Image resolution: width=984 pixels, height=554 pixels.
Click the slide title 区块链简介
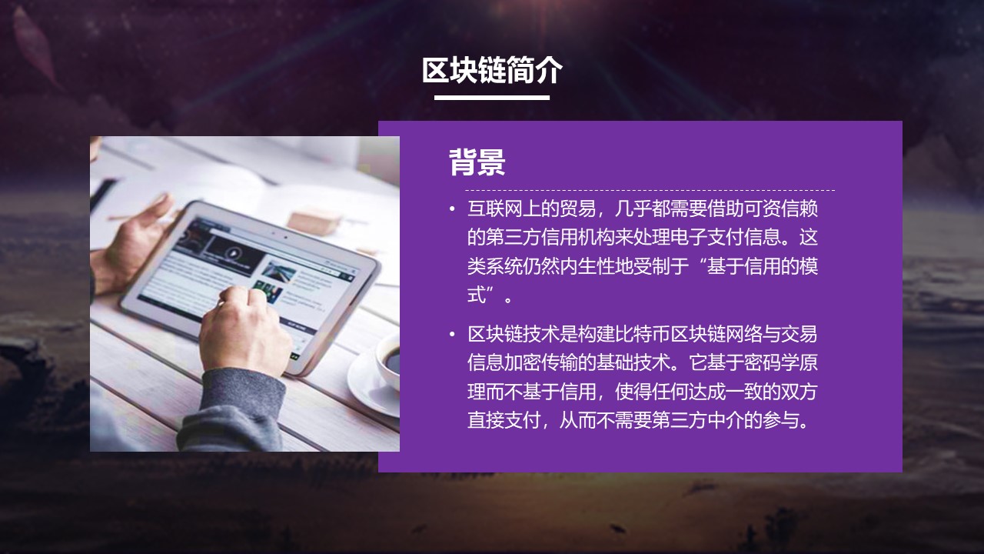[x=492, y=70]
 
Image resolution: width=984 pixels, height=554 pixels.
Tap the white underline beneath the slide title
[x=492, y=98]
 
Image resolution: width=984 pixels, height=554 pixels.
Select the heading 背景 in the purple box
[x=477, y=162]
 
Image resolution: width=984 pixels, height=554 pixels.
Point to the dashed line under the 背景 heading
[x=650, y=190]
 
